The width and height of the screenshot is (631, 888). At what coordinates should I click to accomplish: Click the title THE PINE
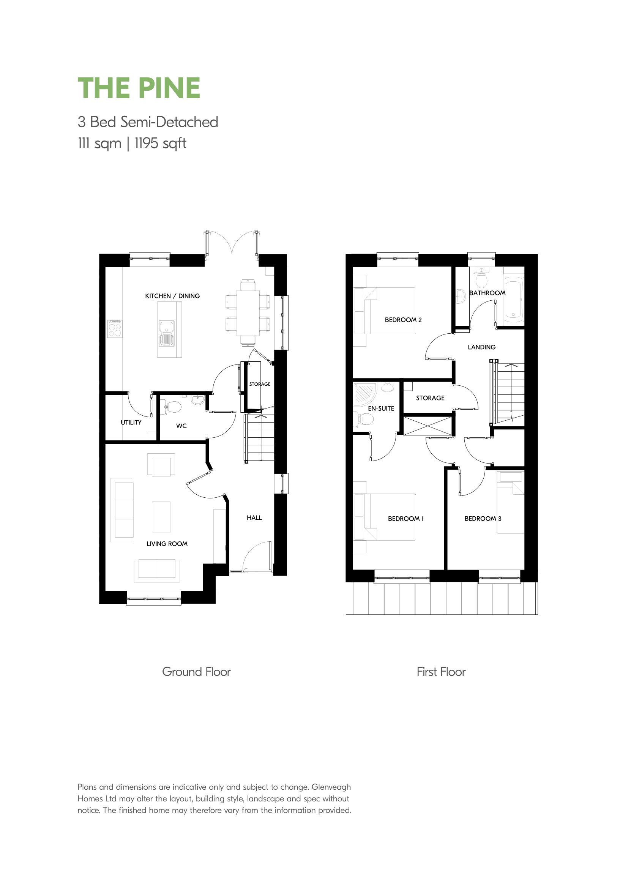pyautogui.click(x=139, y=88)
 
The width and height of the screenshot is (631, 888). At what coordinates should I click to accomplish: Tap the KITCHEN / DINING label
pyautogui.click(x=172, y=296)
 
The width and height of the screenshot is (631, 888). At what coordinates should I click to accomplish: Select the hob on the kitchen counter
pyautogui.click(x=115, y=329)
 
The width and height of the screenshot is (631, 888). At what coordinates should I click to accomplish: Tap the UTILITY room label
pyautogui.click(x=131, y=423)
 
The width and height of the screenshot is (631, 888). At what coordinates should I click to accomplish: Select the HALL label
pyautogui.click(x=254, y=518)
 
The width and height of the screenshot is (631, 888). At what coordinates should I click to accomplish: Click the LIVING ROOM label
pyautogui.click(x=167, y=544)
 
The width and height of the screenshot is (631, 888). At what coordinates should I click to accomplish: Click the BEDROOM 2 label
pyautogui.click(x=403, y=320)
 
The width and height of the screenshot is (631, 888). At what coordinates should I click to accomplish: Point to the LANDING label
pyautogui.click(x=482, y=347)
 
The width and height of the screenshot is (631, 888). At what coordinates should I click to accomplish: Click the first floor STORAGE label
pyautogui.click(x=430, y=398)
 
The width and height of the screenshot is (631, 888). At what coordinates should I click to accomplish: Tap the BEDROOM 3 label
pyautogui.click(x=483, y=519)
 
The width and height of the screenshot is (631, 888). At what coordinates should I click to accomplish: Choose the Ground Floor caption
pyautogui.click(x=196, y=672)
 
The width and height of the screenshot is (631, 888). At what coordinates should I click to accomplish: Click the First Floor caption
pyautogui.click(x=441, y=672)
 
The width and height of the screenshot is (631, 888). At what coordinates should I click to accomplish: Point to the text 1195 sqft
pyautogui.click(x=161, y=144)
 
